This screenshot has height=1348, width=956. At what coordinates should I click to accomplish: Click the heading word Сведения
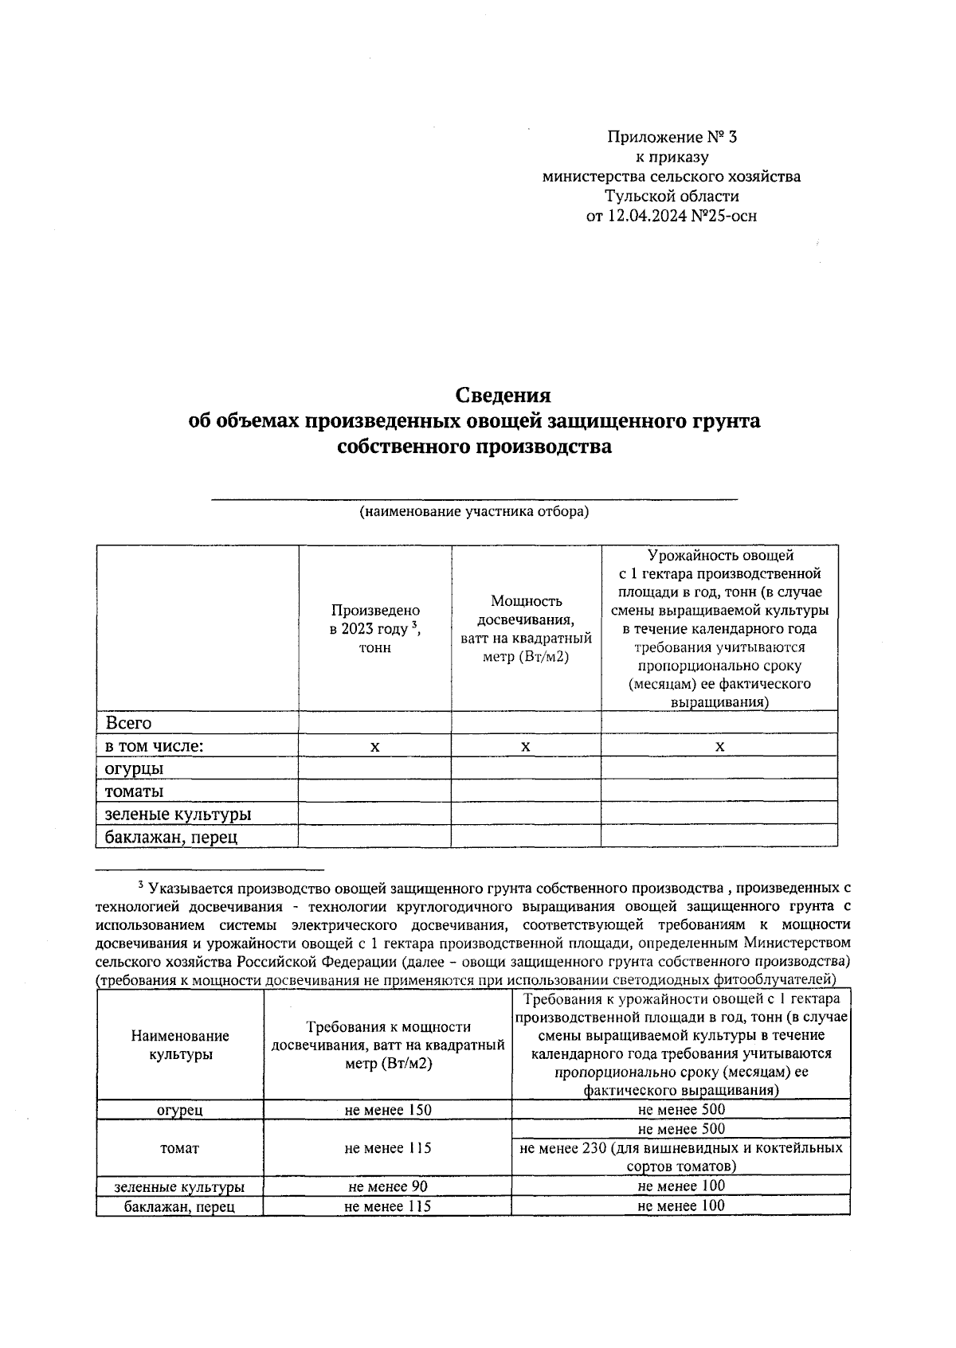point(503,395)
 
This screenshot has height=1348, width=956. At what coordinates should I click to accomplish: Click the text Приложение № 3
point(672,137)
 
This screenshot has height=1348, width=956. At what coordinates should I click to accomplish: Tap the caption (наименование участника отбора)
point(473,511)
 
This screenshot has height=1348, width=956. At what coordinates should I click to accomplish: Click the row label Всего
point(128,723)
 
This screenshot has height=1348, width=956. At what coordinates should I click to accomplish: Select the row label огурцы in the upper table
point(135,768)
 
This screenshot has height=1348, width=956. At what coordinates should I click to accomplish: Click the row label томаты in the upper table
point(135,791)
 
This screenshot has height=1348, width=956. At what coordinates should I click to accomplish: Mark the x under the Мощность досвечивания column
point(526,746)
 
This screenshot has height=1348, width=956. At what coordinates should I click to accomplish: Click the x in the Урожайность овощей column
point(719,746)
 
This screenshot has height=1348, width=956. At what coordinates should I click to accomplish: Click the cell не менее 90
point(388,1186)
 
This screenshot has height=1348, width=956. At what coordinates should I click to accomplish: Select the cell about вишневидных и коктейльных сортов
point(681,1157)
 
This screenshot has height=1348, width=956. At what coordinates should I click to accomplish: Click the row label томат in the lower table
point(180,1148)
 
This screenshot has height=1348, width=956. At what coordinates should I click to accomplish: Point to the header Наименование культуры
point(180,1045)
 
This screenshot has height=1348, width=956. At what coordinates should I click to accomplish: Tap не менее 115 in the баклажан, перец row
point(388,1206)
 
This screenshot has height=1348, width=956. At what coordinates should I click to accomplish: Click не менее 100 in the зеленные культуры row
point(681,1186)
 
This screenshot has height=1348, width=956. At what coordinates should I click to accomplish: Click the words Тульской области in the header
point(672,196)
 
